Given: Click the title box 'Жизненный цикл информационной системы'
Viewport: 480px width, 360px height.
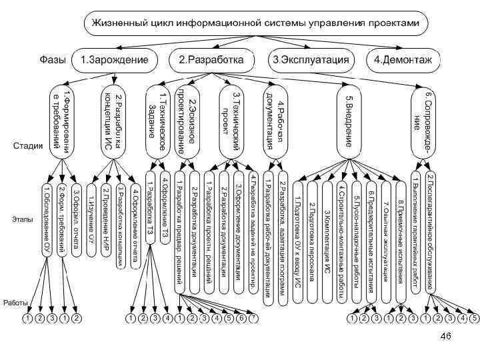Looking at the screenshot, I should pyautogui.click(x=253, y=24).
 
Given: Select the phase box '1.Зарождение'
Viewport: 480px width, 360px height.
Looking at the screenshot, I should pyautogui.click(x=114, y=60).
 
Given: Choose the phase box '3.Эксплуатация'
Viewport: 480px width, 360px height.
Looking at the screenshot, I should pyautogui.click(x=311, y=60).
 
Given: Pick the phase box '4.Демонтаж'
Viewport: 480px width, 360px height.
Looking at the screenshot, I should pyautogui.click(x=403, y=60).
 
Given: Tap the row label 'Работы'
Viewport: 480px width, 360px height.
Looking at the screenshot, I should pyautogui.click(x=15, y=302).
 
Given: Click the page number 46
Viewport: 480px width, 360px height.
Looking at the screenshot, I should pyautogui.click(x=447, y=338).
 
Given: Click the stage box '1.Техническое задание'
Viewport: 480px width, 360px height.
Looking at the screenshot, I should pyautogui.click(x=158, y=120).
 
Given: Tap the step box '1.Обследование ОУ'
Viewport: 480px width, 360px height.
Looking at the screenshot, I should pyautogui.click(x=47, y=217).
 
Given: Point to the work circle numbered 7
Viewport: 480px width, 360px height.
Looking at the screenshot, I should pyautogui.click(x=253, y=318).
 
